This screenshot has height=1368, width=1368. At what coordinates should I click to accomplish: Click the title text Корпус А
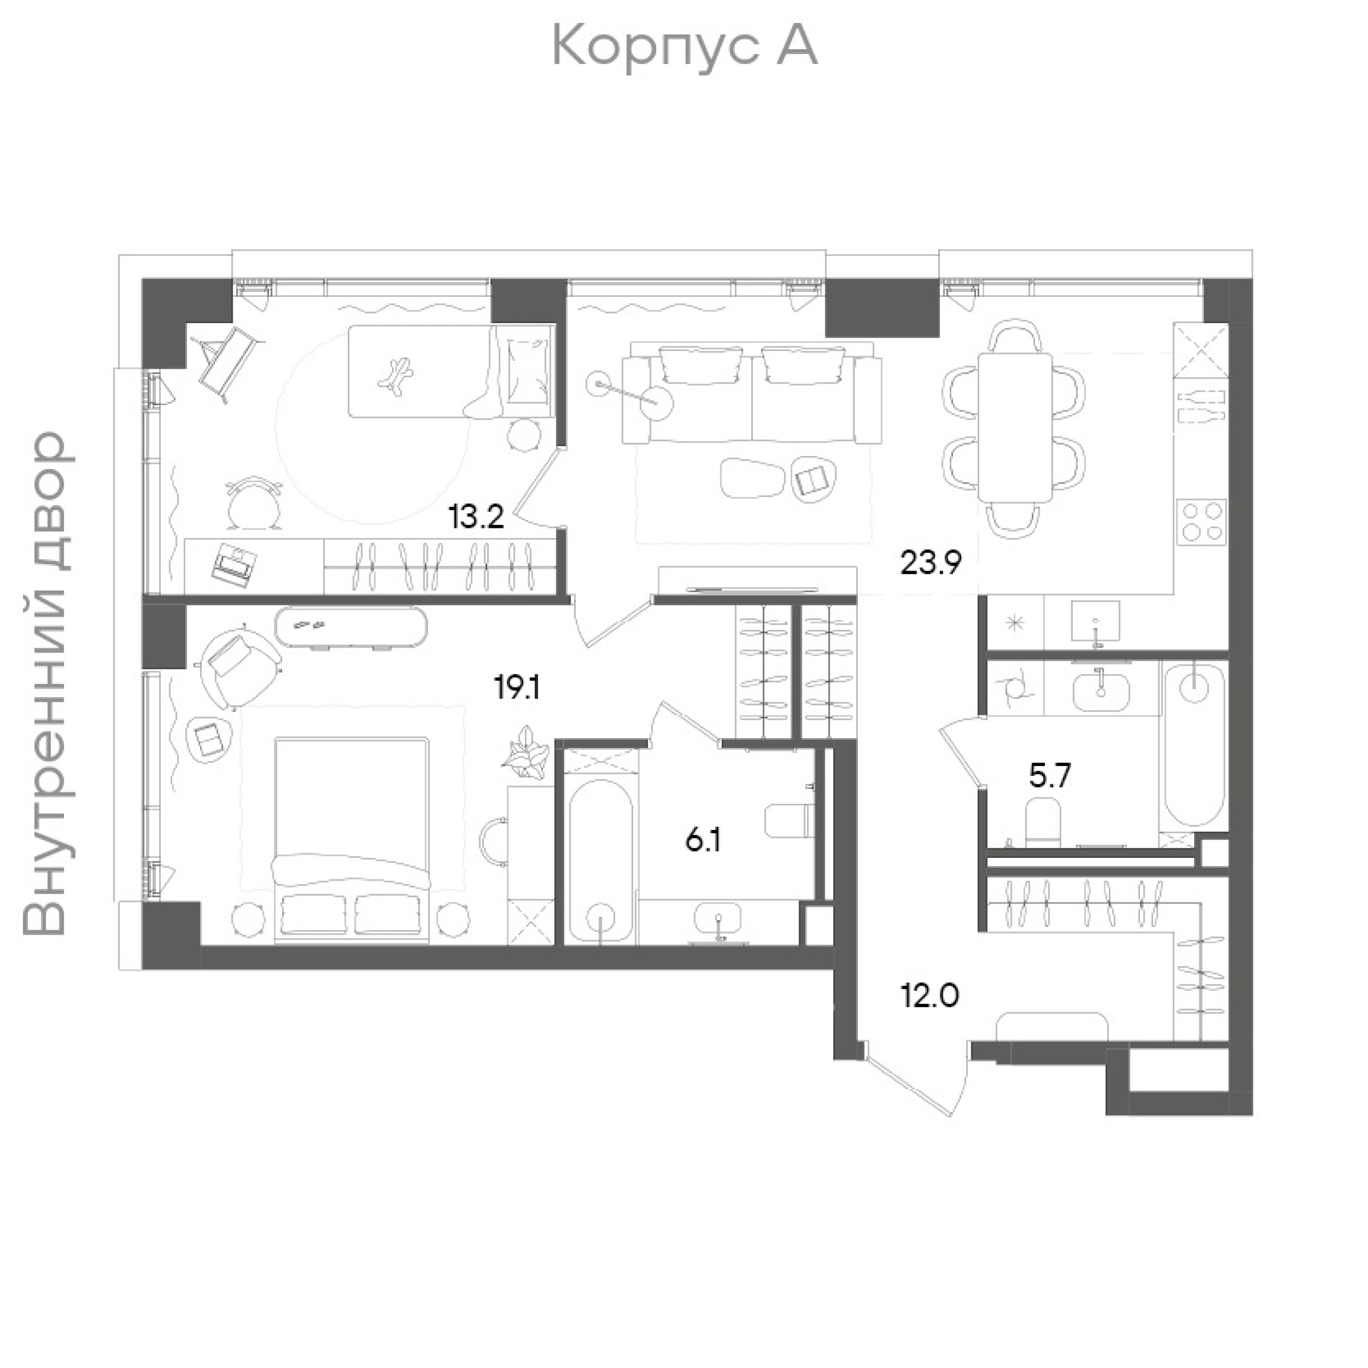pos(684,47)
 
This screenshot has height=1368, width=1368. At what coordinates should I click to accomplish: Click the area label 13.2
pos(476,518)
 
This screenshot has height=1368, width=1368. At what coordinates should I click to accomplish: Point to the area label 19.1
pos(517,687)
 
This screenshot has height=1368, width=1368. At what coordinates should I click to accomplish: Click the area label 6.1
pos(703,842)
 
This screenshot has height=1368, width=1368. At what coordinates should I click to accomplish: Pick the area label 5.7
pos(1050,777)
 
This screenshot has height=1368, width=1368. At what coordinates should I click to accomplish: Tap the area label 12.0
pos(930,996)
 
